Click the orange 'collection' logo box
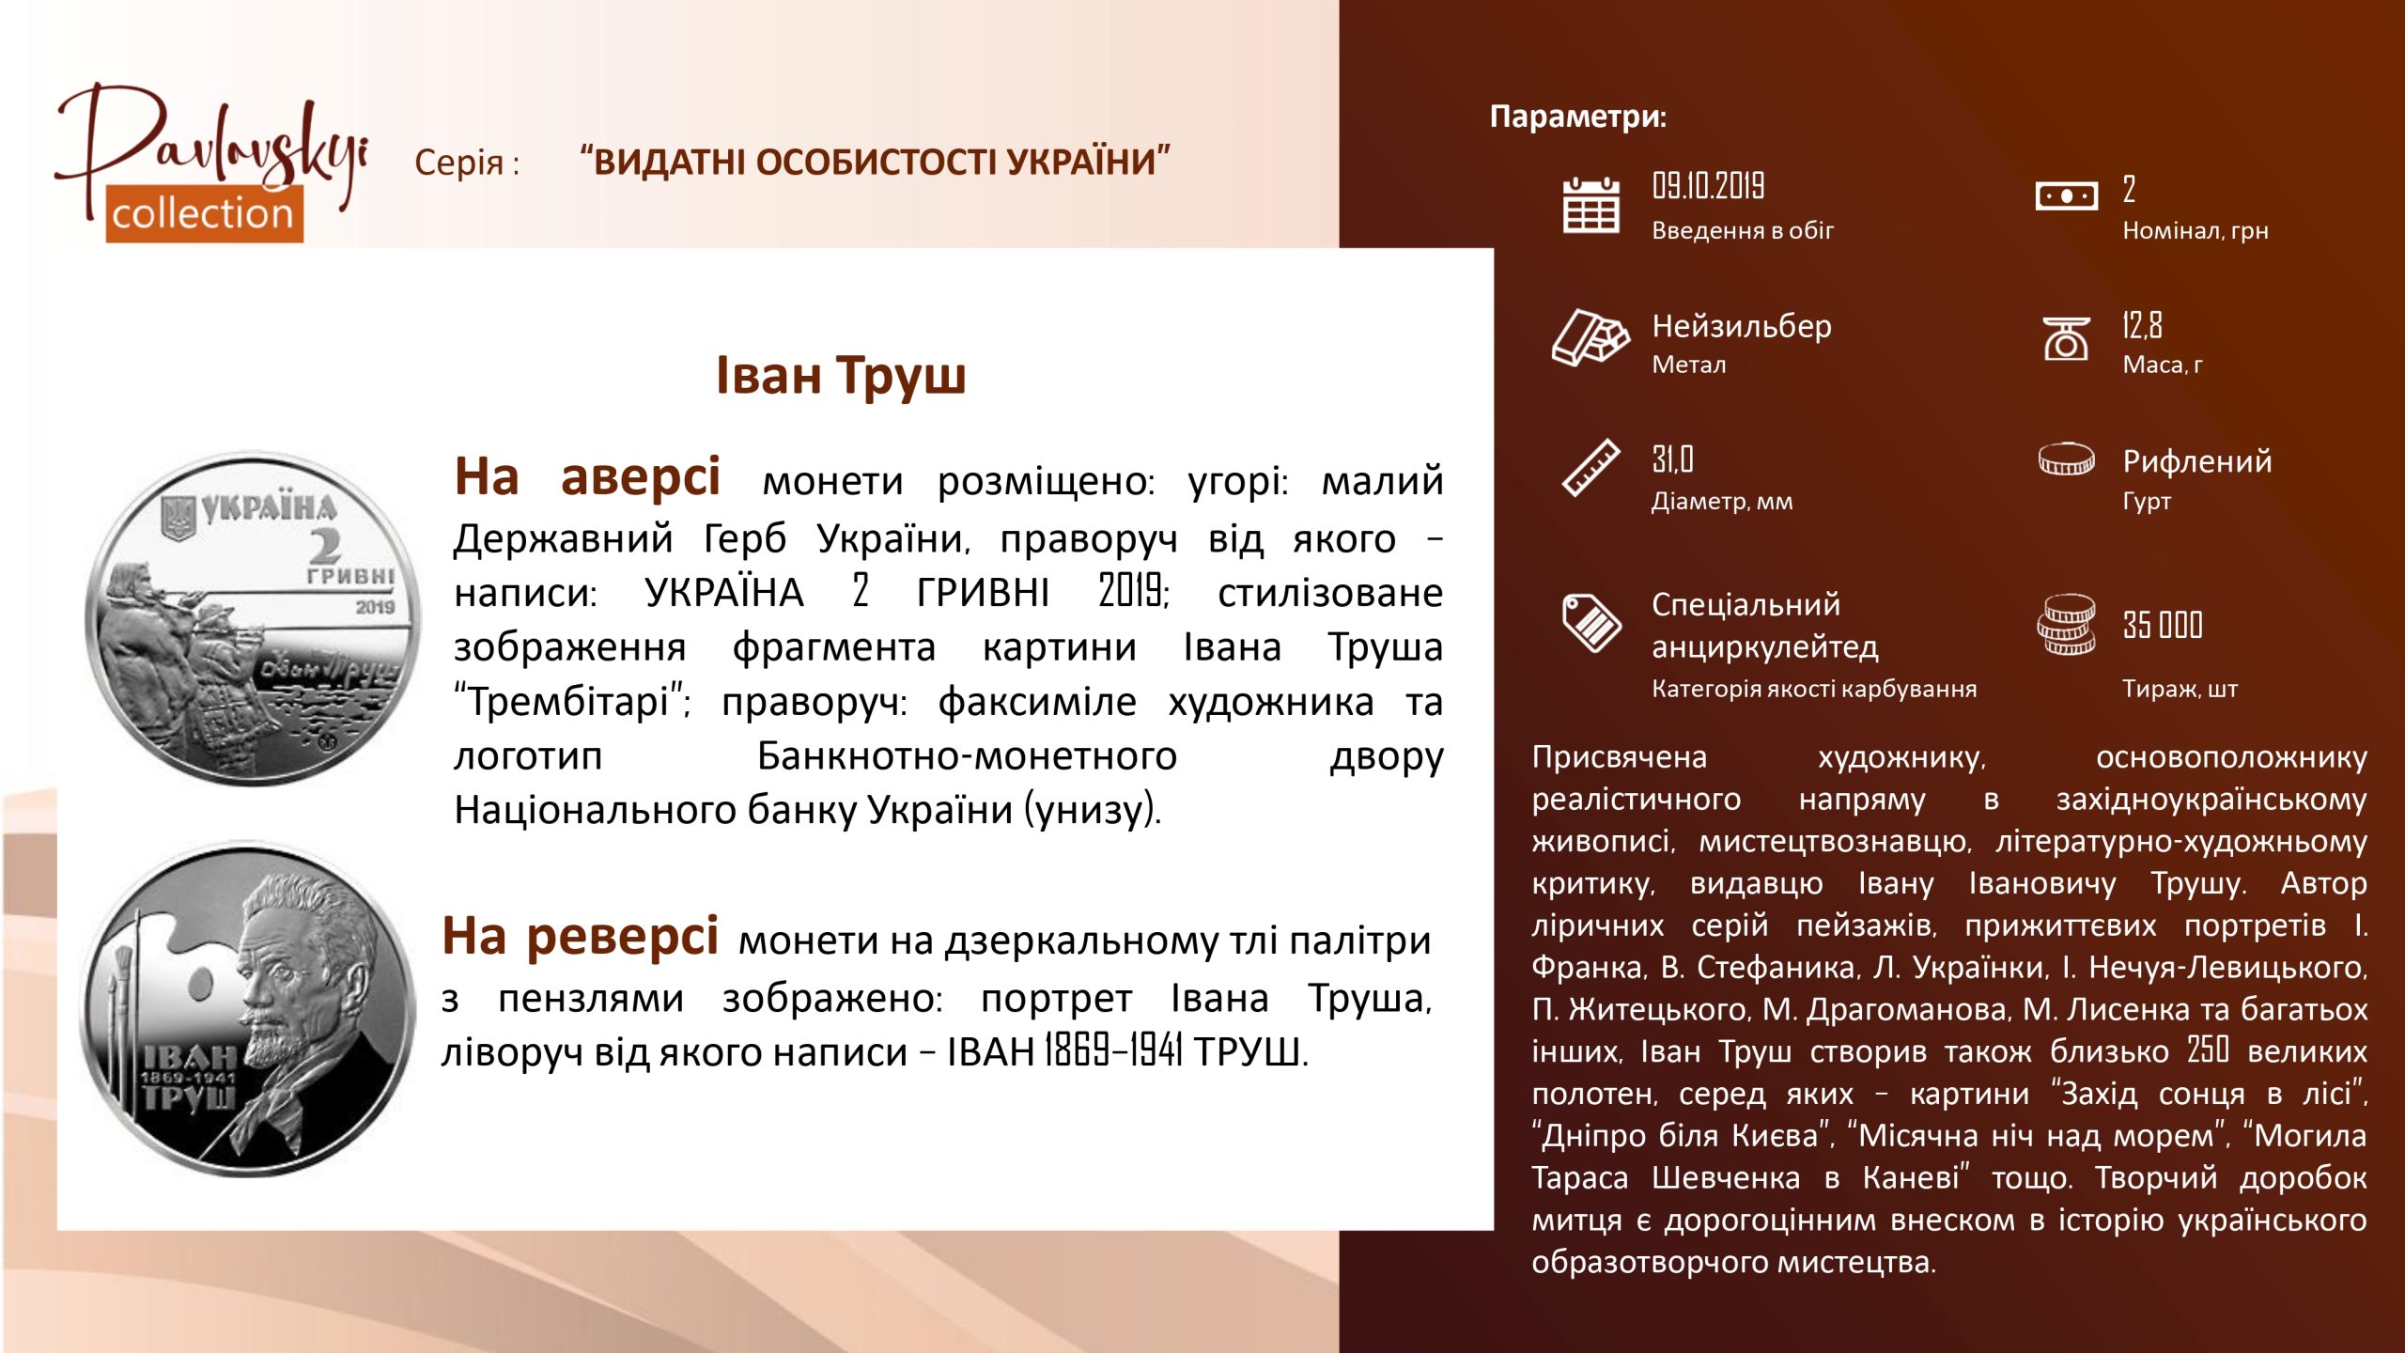click(204, 213)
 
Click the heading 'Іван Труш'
click(841, 375)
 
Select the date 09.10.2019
click(1708, 186)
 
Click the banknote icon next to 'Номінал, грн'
click(2066, 196)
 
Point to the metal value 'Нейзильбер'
click(1742, 326)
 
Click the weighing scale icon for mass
click(2066, 338)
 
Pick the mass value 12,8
click(2142, 325)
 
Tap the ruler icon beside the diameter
click(1590, 467)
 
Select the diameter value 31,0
click(1672, 459)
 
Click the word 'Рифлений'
click(2197, 461)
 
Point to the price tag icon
click(1590, 622)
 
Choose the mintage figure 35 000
click(2163, 625)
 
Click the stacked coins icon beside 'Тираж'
click(2066, 625)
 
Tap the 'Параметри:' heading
click(1578, 117)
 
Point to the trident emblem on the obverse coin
click(177, 519)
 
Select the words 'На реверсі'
click(581, 937)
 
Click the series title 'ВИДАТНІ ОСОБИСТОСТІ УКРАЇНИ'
click(876, 162)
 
